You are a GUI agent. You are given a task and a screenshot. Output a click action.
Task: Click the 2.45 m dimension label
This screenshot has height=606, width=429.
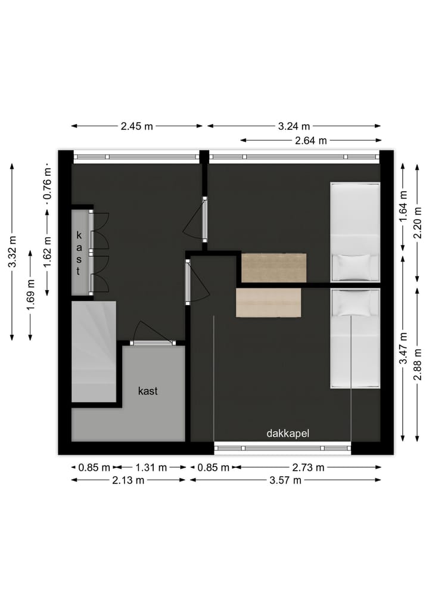tap(137, 126)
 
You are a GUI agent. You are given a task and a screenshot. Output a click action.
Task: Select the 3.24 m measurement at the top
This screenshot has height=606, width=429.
tap(294, 126)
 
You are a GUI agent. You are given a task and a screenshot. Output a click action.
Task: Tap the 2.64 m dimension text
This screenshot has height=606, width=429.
tap(310, 141)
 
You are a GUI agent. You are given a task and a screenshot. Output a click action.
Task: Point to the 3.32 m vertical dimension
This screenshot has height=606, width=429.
tap(13, 252)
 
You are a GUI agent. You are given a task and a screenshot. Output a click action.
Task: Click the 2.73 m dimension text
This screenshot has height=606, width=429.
tap(307, 468)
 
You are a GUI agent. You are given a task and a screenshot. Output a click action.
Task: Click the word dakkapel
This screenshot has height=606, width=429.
tap(288, 434)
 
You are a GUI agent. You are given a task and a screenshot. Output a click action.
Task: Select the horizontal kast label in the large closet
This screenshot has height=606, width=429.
tap(148, 391)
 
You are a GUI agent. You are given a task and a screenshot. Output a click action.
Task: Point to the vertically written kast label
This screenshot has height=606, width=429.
tap(79, 253)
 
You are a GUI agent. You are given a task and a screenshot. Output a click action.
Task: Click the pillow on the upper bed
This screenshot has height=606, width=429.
tap(355, 263)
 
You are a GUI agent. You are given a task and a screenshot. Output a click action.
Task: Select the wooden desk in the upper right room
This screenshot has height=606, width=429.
tap(273, 268)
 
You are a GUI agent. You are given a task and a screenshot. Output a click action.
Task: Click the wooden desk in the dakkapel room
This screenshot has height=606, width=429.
tap(269, 303)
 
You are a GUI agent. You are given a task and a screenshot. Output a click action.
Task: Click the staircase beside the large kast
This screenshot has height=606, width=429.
tap(94, 352)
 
